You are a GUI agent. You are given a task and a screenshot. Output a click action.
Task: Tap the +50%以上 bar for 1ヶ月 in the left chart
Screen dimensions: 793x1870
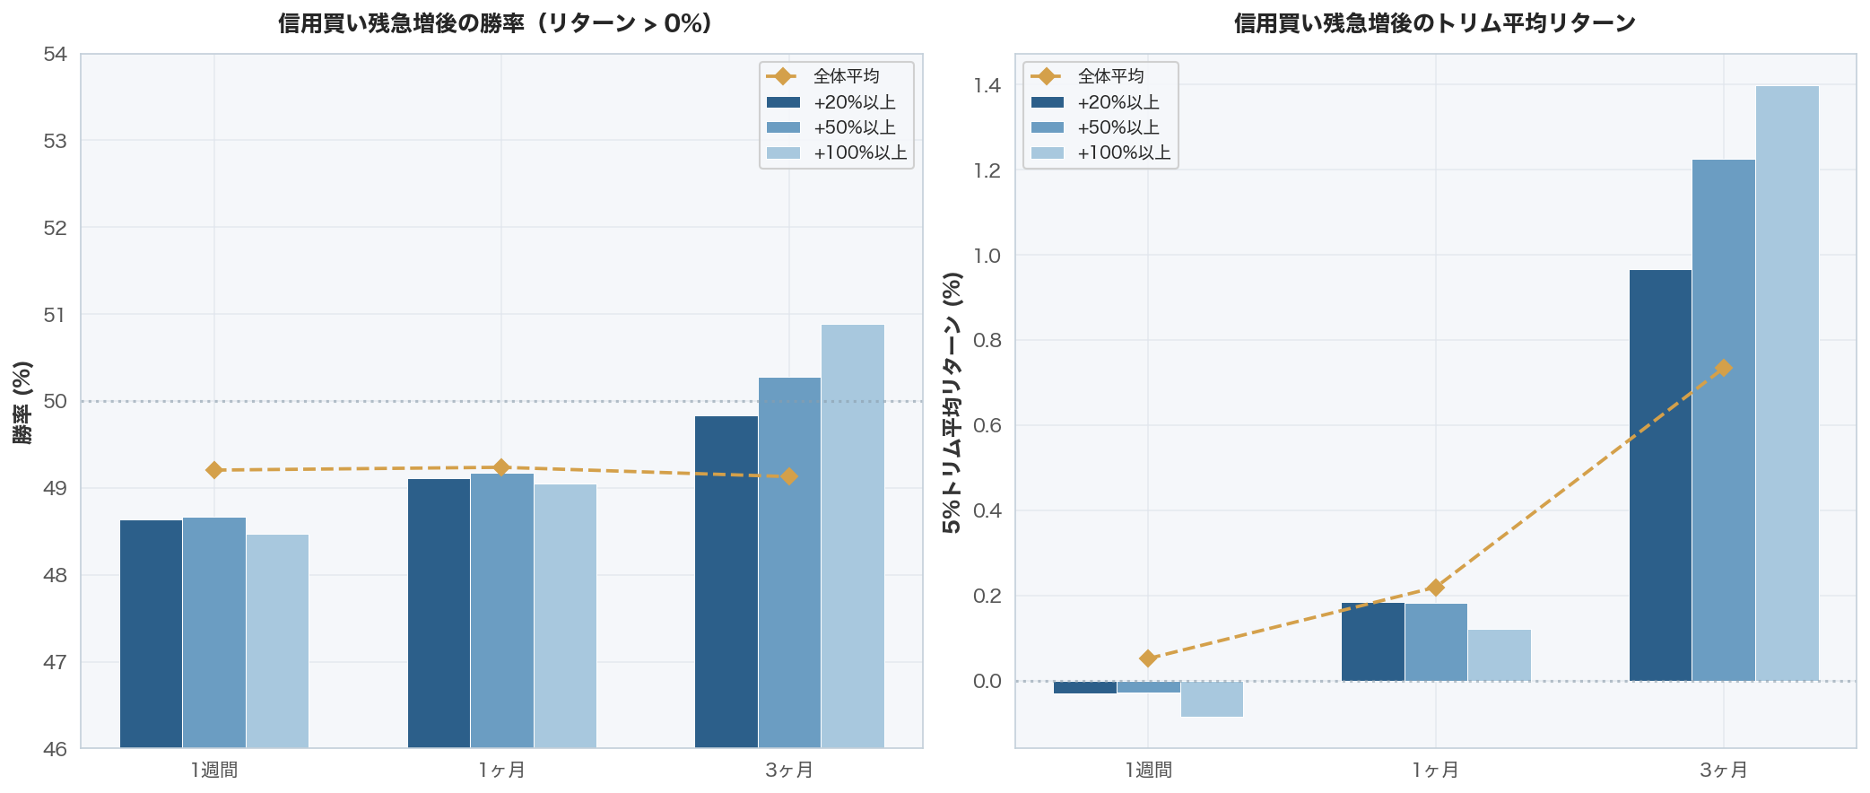502,610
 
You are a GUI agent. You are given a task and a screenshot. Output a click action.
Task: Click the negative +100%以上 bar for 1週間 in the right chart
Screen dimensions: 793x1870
1212,699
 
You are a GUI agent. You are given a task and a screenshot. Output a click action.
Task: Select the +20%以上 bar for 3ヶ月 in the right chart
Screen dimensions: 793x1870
1660,475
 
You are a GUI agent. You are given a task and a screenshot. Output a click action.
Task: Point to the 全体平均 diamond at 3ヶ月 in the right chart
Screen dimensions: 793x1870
1723,368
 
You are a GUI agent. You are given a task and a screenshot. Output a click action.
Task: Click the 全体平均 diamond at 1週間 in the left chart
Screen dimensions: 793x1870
214,470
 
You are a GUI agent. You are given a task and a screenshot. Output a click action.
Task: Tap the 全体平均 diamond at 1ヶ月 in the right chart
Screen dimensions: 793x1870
1435,588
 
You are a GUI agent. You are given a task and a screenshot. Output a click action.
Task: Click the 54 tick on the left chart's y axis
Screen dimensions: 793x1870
55,55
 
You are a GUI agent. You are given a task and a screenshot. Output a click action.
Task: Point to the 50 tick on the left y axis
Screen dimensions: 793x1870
55,401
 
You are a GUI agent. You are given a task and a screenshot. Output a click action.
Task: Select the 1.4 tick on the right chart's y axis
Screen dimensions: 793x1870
987,86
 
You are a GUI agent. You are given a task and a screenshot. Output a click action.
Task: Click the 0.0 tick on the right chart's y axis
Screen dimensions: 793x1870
987,681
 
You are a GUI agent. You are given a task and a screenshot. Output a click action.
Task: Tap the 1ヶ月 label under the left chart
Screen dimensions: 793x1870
502,770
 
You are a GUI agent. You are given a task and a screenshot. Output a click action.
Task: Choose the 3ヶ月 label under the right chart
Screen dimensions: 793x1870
1723,770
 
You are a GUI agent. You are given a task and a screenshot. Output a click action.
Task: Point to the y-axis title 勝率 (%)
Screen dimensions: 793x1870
22,402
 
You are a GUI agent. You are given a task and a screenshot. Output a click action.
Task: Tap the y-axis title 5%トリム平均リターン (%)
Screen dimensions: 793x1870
952,402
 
